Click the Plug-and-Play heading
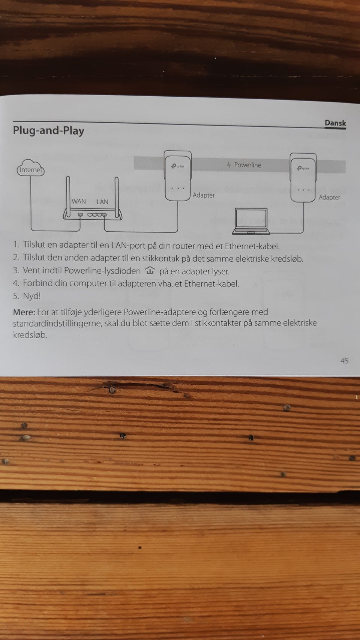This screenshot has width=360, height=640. click(49, 131)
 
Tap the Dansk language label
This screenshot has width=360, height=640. click(335, 123)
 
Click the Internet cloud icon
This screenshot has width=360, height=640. click(31, 168)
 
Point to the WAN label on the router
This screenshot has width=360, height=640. click(79, 201)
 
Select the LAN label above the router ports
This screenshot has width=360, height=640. click(102, 202)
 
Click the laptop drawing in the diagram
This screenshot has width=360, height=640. click(251, 222)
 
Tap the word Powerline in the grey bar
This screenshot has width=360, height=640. click(247, 165)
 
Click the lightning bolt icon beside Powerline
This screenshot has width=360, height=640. click(229, 165)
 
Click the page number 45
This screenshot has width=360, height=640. click(344, 361)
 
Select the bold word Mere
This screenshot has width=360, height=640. click(24, 312)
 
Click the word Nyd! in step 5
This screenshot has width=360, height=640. click(32, 296)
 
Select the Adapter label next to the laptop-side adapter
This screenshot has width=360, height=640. click(329, 198)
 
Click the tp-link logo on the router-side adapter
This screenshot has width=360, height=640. click(178, 166)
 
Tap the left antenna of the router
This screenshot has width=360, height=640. click(68, 198)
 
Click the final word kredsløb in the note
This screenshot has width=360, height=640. click(30, 335)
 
